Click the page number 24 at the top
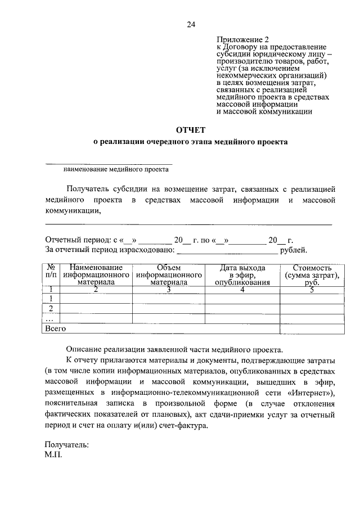point(190,24)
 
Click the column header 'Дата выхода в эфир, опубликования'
point(242,275)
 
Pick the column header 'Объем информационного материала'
point(169,275)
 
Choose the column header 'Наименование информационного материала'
point(96,275)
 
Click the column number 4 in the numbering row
point(242,290)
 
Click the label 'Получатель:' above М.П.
point(66,444)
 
